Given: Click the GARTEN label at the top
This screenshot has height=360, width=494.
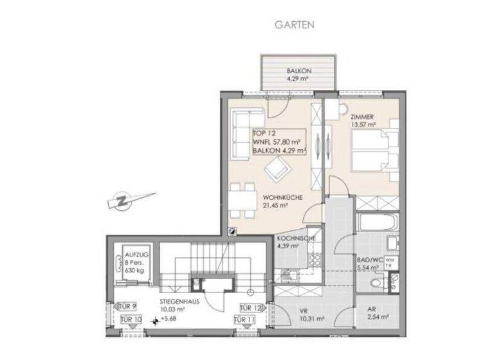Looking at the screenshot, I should (295, 25).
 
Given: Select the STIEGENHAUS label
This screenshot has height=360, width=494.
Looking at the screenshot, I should (178, 300).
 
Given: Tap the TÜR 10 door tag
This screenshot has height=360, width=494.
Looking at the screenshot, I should (131, 319).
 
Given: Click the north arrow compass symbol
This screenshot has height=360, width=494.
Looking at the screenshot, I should (129, 201).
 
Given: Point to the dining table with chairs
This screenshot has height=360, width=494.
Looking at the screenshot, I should (241, 199).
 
